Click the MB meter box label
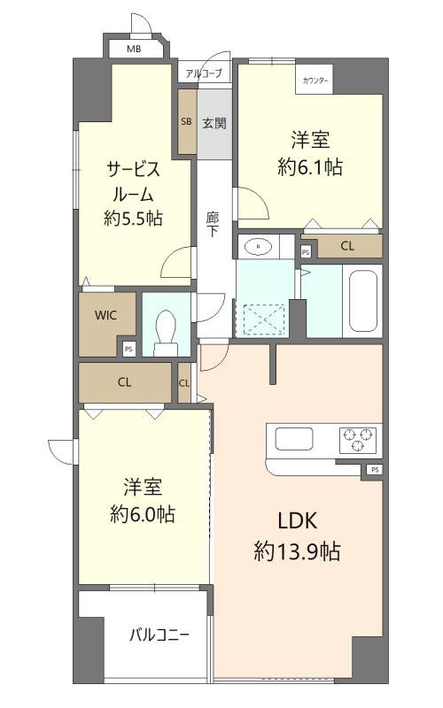(134, 49)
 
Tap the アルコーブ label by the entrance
(204, 73)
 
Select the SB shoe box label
(186, 121)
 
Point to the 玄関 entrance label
(214, 123)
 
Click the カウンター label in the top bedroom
(315, 81)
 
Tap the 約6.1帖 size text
(310, 167)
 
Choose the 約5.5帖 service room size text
(134, 219)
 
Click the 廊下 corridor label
(213, 225)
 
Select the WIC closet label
(105, 315)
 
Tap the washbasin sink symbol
(259, 247)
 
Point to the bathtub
(363, 301)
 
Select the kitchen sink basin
(294, 438)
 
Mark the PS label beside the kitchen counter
(375, 470)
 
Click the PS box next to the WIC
(129, 349)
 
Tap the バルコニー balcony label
(159, 635)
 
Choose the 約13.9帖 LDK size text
(297, 551)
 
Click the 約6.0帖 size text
(143, 514)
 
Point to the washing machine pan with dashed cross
(264, 319)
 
